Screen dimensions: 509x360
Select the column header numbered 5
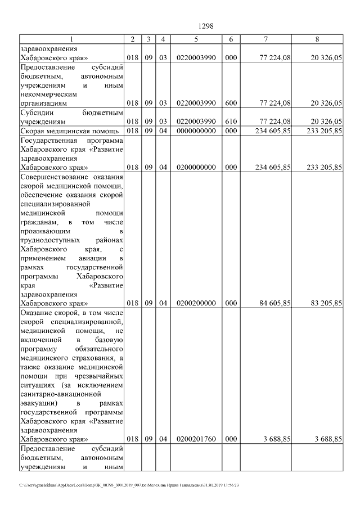[x=196, y=39]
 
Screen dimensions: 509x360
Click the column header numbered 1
[x=71, y=39]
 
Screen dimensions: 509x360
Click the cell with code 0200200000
[x=196, y=303]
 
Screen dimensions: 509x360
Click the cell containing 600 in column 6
[x=231, y=103]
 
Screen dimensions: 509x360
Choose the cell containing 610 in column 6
[x=231, y=121]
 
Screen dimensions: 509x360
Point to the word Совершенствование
[x=51, y=177]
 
